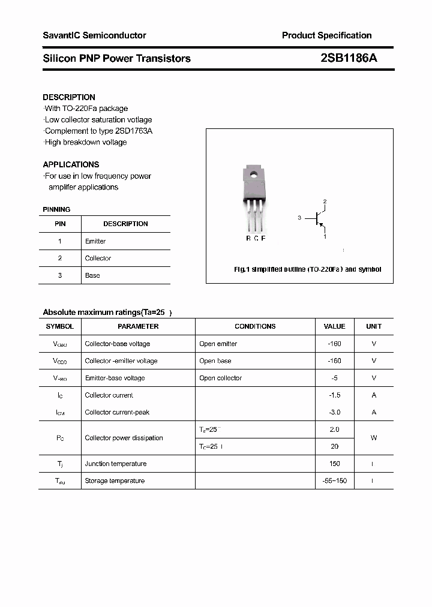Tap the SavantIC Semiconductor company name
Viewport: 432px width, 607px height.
tap(94, 35)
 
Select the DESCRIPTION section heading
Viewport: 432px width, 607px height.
tap(69, 97)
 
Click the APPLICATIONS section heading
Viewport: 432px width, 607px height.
tap(71, 164)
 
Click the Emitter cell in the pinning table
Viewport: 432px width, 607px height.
tap(95, 241)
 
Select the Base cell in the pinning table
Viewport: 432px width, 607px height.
tap(92, 275)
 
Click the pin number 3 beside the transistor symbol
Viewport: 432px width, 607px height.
tap(299, 218)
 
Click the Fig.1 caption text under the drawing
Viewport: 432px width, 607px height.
tap(307, 269)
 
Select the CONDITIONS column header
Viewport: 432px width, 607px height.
tap(255, 326)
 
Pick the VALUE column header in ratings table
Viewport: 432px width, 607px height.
tap(334, 326)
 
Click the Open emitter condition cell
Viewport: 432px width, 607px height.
tap(218, 344)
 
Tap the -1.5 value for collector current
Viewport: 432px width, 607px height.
tap(334, 395)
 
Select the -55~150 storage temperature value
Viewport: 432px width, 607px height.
tap(334, 481)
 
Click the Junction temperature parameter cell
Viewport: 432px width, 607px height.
tap(116, 464)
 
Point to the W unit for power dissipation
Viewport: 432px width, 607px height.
tap(374, 438)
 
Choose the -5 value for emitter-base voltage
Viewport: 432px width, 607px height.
tap(334, 378)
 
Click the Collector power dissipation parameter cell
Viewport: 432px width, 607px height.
tap(124, 438)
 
